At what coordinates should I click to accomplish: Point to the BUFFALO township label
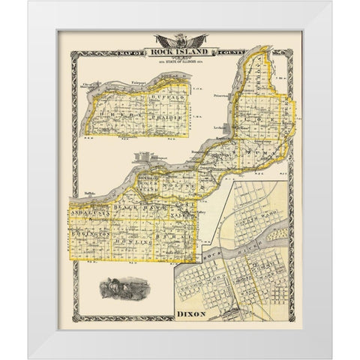point(158,97)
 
